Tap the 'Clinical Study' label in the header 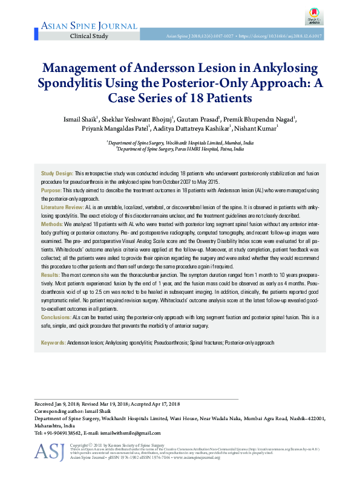point(90,36)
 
